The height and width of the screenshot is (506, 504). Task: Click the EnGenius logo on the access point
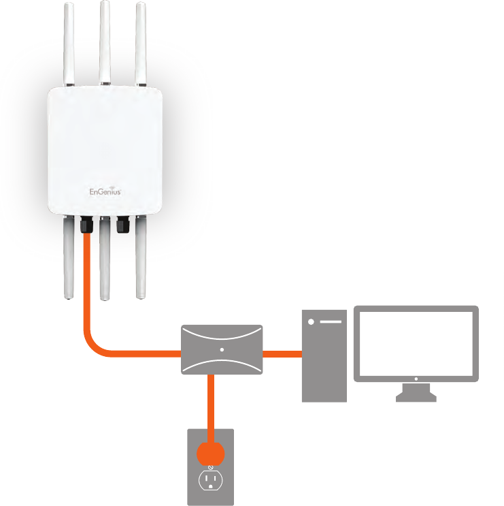[105, 192]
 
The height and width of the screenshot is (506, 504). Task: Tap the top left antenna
[68, 44]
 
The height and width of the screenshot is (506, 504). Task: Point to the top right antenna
[141, 44]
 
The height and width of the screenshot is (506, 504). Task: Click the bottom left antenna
[68, 259]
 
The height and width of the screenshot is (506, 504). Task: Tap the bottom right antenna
[141, 259]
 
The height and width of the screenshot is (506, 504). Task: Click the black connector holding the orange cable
[86, 225]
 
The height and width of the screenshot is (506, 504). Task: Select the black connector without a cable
[122, 225]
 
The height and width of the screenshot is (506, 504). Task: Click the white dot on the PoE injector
[222, 349]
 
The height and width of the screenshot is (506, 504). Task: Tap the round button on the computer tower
[312, 321]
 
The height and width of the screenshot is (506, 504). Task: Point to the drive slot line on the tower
[331, 321]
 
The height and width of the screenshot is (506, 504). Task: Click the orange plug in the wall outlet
[211, 452]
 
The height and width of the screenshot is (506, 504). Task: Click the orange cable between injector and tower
[282, 353]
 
